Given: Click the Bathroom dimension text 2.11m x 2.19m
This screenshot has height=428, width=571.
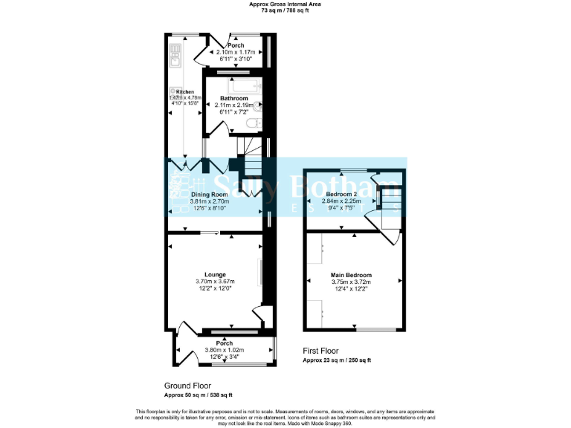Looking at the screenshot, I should [x=235, y=105].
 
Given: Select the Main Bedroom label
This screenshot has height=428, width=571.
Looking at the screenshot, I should [x=351, y=275].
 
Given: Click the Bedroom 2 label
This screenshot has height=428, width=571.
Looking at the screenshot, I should [x=342, y=192].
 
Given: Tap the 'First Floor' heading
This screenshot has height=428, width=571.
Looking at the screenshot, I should [x=320, y=350].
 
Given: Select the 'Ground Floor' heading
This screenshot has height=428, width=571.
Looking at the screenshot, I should [x=187, y=386].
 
